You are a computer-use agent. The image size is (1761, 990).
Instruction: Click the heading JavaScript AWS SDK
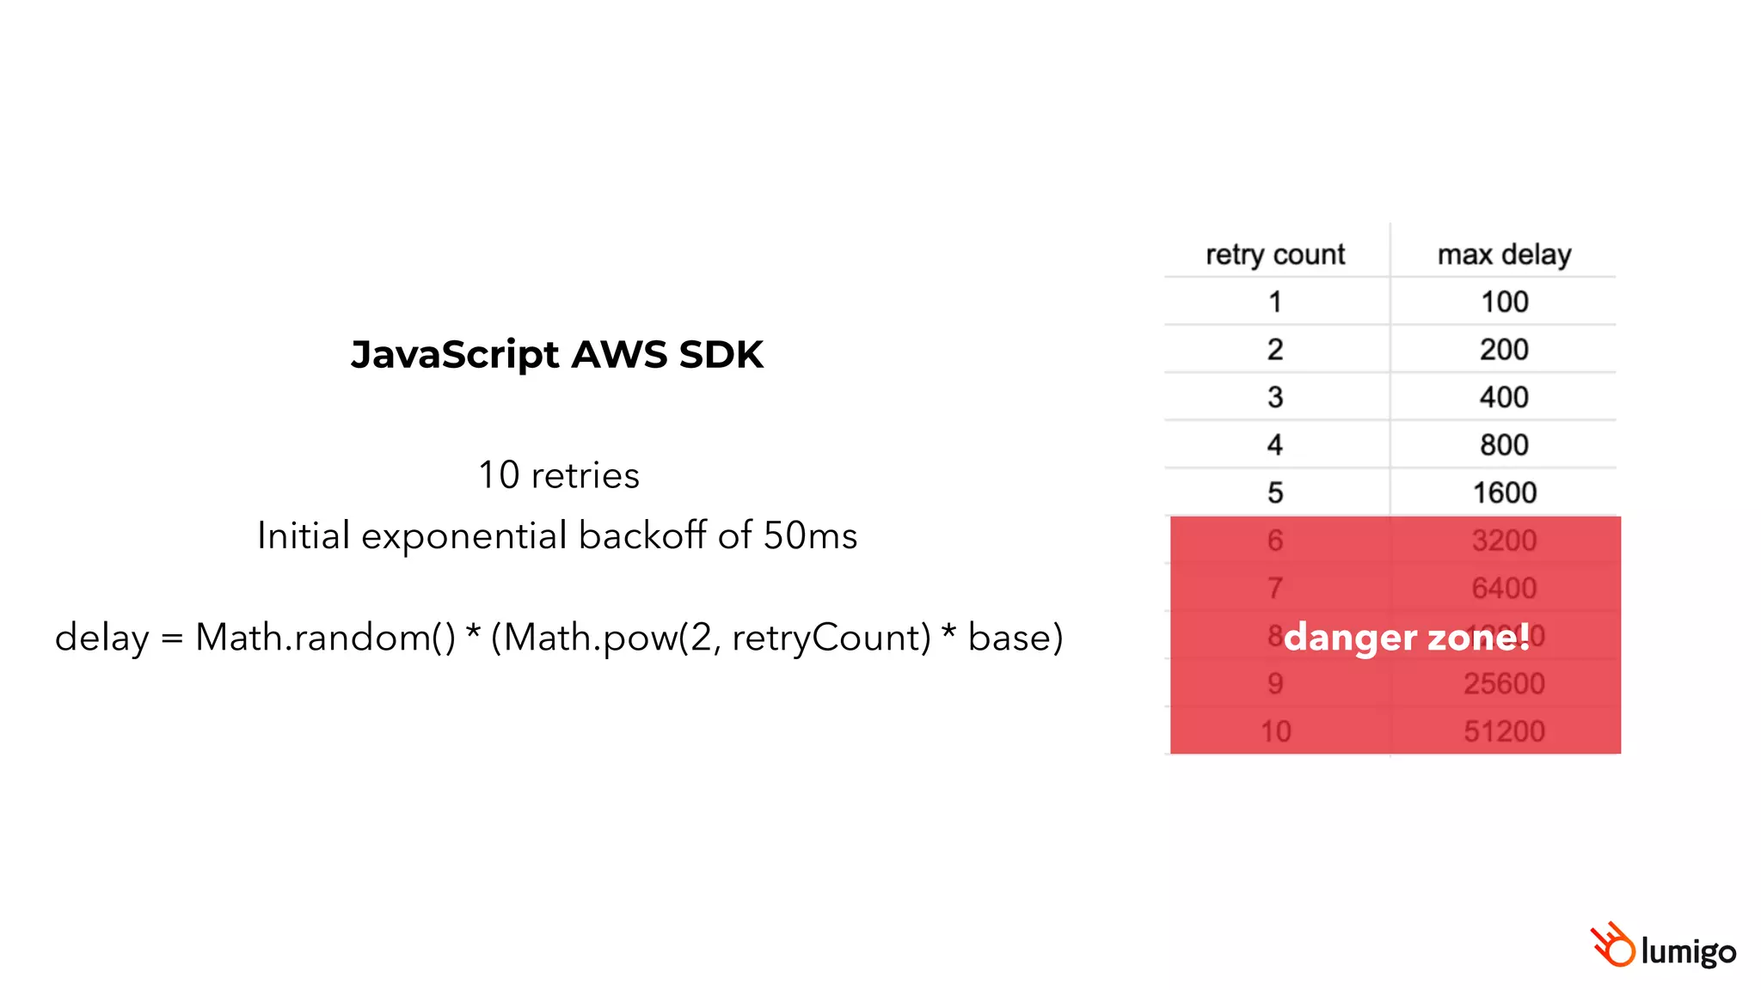point(557,354)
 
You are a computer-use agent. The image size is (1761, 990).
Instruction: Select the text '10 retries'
point(559,475)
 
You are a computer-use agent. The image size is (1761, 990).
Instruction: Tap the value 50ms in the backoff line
point(810,535)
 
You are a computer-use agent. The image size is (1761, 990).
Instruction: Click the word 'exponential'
point(465,536)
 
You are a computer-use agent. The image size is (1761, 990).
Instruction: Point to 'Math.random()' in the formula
point(325,638)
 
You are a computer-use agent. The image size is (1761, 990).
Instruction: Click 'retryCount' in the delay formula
point(831,638)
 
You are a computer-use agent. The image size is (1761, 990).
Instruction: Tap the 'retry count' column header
point(1275,254)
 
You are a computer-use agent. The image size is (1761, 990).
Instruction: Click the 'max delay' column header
point(1504,254)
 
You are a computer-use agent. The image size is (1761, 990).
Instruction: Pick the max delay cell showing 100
point(1504,302)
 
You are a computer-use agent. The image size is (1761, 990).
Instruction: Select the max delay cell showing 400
point(1504,397)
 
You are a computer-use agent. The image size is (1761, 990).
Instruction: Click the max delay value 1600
point(1504,492)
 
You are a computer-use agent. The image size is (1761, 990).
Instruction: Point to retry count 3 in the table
point(1275,397)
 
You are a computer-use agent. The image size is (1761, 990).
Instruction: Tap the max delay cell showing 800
point(1504,445)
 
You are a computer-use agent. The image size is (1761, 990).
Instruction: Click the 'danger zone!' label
point(1407,637)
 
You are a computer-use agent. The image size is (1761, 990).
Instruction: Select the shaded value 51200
point(1504,731)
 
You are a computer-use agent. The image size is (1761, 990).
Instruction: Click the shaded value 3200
point(1504,541)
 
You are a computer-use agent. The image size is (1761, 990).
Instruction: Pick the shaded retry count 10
point(1275,731)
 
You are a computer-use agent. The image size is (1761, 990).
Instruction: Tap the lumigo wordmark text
point(1688,951)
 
